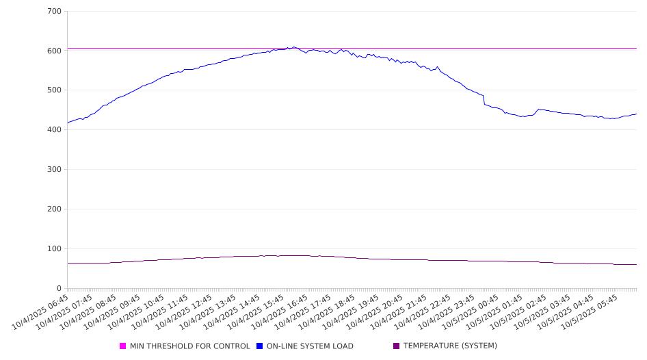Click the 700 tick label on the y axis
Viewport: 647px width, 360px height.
click(55, 12)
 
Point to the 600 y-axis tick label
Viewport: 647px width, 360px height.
click(55, 51)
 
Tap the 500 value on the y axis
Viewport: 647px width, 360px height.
click(55, 90)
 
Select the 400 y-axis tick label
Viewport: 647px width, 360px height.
click(55, 130)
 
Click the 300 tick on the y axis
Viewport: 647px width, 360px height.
click(55, 170)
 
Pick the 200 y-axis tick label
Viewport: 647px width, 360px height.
click(55, 209)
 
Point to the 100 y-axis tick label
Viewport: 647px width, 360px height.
click(55, 249)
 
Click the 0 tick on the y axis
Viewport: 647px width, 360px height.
click(60, 289)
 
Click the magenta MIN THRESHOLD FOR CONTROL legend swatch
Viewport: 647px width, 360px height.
click(123, 346)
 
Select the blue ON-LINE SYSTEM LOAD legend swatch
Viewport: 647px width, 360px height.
click(260, 346)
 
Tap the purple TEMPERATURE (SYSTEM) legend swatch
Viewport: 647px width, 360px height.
click(397, 346)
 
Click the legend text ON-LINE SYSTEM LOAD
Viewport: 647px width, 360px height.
click(310, 346)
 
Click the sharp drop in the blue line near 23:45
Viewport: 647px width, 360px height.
click(484, 100)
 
